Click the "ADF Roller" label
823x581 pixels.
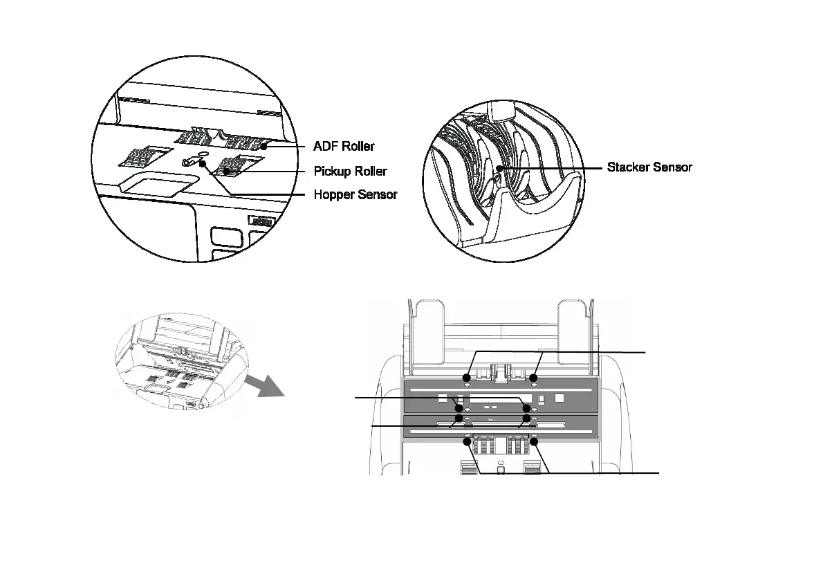point(344,147)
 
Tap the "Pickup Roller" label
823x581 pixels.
point(350,171)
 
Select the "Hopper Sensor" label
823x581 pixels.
point(355,194)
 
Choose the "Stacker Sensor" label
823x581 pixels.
point(649,167)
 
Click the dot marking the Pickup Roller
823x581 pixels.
point(225,170)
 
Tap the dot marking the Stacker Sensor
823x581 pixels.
point(498,167)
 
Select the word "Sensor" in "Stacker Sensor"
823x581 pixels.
point(670,167)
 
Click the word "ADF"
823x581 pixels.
point(326,147)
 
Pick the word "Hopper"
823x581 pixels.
point(335,194)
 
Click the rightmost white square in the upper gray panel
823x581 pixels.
point(560,398)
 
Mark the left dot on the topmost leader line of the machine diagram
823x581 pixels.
point(466,378)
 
